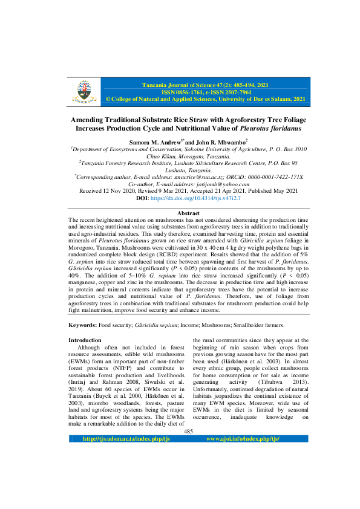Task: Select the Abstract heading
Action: click(180, 214)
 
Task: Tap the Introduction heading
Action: click(85, 340)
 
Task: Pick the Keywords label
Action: click(85, 325)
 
